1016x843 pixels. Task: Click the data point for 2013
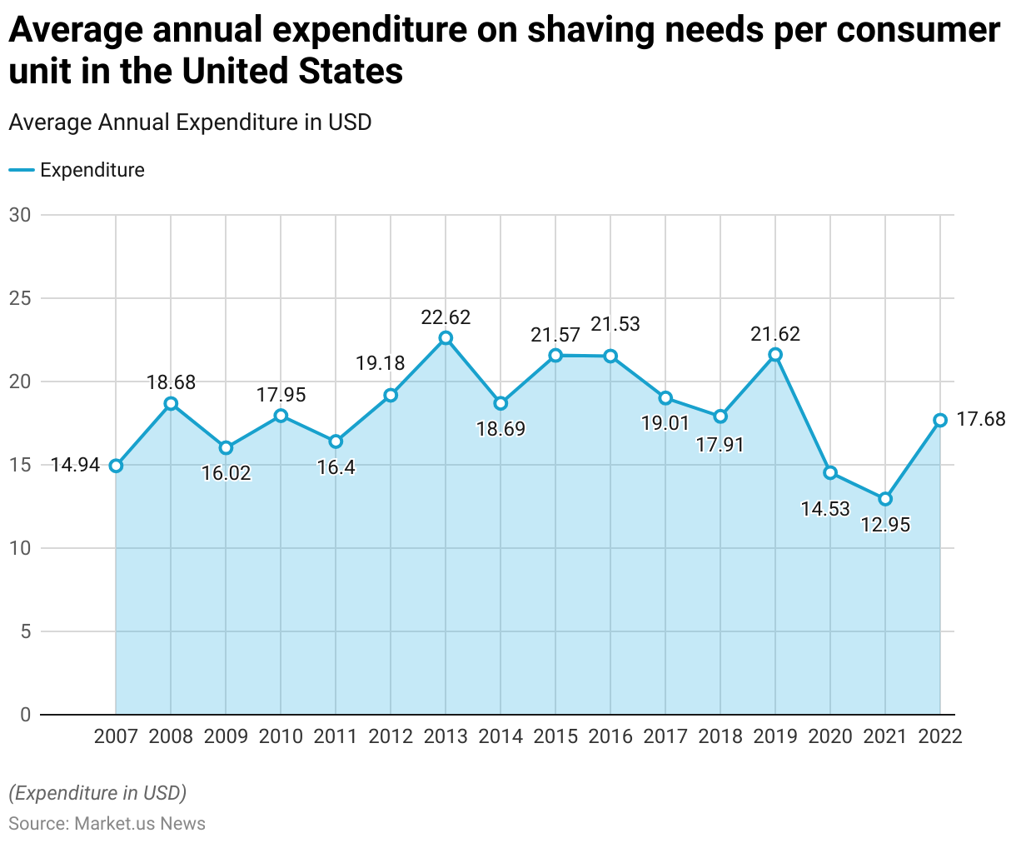[446, 337]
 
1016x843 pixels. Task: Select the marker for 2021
[885, 499]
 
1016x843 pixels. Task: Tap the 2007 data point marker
[116, 466]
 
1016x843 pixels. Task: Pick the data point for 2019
[775, 354]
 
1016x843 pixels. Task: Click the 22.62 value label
[446, 317]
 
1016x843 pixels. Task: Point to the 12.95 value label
[885, 525]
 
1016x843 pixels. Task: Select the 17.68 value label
[980, 419]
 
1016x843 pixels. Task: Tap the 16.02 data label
[226, 473]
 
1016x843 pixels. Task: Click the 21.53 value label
[615, 324]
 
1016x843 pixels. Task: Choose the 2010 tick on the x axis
[281, 736]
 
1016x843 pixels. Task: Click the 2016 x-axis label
[610, 736]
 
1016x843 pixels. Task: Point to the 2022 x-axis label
[939, 736]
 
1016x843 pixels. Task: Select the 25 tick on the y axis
[20, 298]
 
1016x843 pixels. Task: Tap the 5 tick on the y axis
[25, 631]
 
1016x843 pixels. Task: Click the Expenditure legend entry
[92, 170]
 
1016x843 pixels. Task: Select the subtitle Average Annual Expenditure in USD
[190, 122]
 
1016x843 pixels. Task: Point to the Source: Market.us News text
[107, 824]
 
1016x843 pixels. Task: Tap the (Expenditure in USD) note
[97, 792]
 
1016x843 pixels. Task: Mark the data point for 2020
[830, 473]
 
